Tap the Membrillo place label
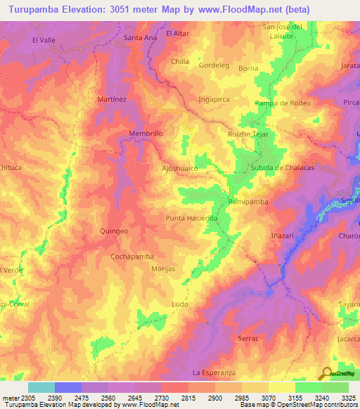[x=146, y=133]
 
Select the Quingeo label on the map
[x=115, y=231]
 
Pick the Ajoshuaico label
[x=180, y=169]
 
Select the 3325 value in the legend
[x=348, y=397]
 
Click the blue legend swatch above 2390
[x=68, y=387]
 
